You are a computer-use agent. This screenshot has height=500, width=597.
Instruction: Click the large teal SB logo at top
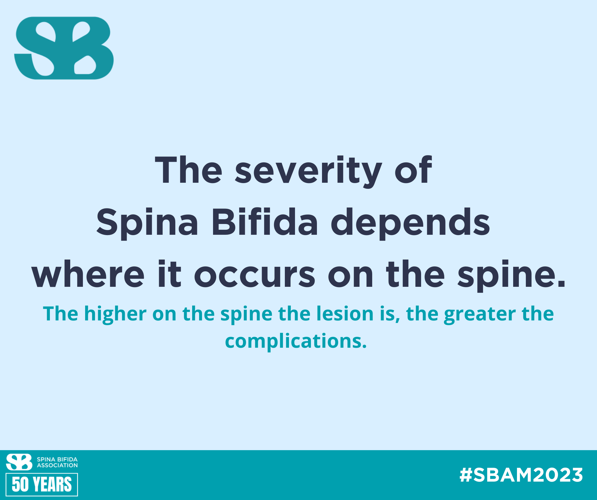64,48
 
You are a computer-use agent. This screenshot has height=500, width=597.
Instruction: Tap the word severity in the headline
308,171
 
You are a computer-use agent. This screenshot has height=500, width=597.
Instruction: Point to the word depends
410,223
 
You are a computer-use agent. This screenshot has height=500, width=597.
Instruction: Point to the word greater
480,315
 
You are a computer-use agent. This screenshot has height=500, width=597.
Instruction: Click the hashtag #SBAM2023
521,475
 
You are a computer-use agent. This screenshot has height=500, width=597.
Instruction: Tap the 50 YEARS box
42,484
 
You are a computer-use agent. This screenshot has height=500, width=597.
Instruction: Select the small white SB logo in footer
19,462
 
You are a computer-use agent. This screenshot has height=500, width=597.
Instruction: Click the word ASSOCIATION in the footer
57,465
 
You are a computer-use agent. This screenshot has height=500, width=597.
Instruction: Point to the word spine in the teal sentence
246,315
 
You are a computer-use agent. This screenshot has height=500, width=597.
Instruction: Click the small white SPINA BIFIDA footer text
57,459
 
